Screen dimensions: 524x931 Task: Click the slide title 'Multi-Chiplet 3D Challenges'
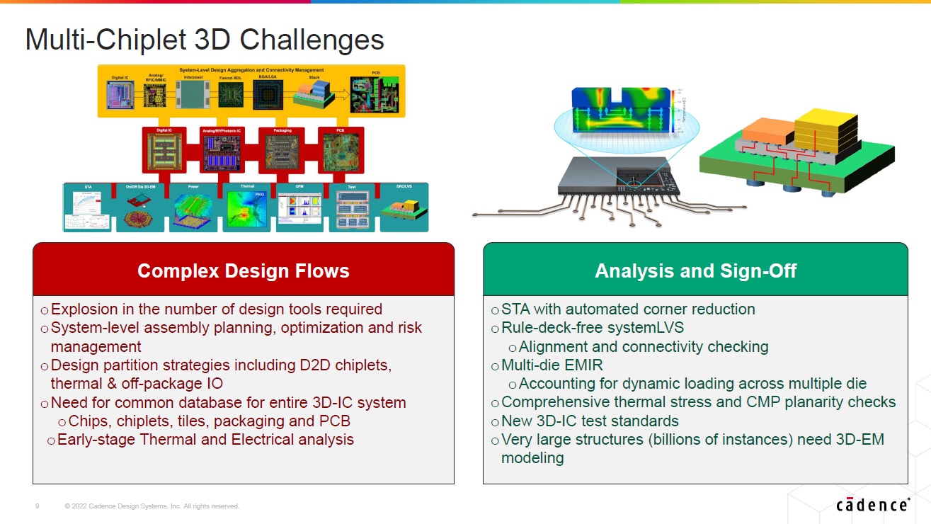pyautogui.click(x=205, y=40)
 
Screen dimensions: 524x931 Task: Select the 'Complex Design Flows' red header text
pyautogui.click(x=243, y=270)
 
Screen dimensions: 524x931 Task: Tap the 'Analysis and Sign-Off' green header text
pyautogui.click(x=695, y=270)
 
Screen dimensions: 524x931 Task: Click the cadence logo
pyautogui.click(x=872, y=504)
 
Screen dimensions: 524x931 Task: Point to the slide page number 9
pyautogui.click(x=38, y=506)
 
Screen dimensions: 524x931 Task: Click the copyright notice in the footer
pyautogui.click(x=152, y=506)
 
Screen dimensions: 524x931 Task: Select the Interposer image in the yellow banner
pyautogui.click(x=193, y=94)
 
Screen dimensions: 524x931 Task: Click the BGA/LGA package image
pyautogui.click(x=268, y=95)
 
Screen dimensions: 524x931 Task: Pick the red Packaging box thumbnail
pyautogui.click(x=282, y=152)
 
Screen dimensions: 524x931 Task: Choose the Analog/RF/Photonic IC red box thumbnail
pyautogui.click(x=222, y=152)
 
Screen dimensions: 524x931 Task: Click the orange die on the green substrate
pyautogui.click(x=767, y=129)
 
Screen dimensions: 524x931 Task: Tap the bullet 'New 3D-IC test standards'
pyautogui.click(x=590, y=421)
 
